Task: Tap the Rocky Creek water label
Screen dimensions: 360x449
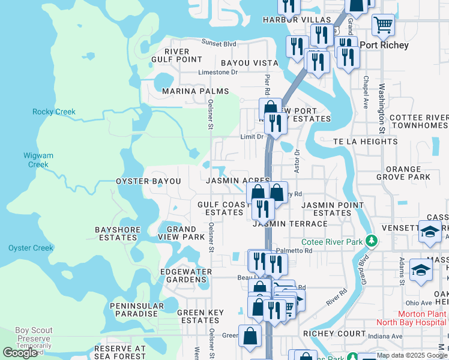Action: pyautogui.click(x=54, y=112)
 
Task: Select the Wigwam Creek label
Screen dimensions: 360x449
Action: pyautogui.click(x=38, y=160)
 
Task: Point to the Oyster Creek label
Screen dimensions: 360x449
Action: pyautogui.click(x=31, y=248)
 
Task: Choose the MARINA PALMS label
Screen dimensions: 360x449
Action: pyautogui.click(x=195, y=91)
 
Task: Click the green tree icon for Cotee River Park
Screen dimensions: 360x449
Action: pyautogui.click(x=372, y=241)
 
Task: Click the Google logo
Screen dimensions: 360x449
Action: pyautogui.click(x=20, y=353)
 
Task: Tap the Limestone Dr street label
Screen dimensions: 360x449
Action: pyautogui.click(x=218, y=72)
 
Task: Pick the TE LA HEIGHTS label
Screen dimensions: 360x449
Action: pyautogui.click(x=365, y=142)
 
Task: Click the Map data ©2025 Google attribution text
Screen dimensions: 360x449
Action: pyautogui.click(x=412, y=355)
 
